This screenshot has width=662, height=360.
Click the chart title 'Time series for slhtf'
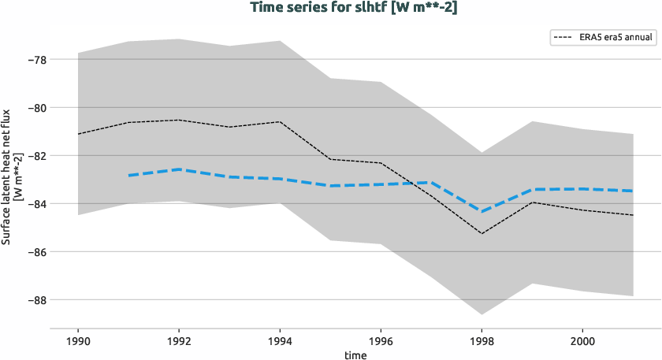point(332,8)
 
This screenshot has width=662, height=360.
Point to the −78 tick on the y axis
point(35,60)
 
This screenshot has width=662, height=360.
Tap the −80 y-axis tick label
point(35,108)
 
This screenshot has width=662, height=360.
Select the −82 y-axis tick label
point(35,156)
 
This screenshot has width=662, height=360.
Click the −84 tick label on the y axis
point(35,204)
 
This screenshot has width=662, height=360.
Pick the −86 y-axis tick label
point(35,252)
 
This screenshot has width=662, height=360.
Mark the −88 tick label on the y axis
point(35,300)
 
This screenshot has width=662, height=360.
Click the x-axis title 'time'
point(355,354)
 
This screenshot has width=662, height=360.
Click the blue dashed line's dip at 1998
point(482,211)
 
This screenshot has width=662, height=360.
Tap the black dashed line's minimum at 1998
point(482,233)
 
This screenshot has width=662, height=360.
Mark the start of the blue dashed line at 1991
point(128,175)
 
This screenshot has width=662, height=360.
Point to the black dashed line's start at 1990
point(78,134)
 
